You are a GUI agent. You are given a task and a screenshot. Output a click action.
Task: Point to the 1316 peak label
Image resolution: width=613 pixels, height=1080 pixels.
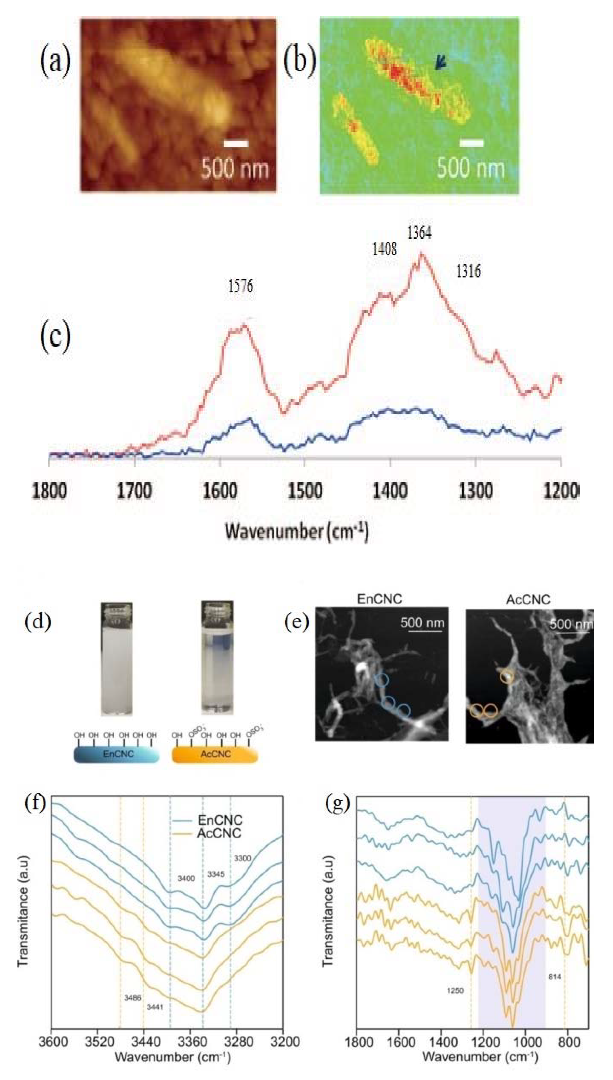[x=468, y=271]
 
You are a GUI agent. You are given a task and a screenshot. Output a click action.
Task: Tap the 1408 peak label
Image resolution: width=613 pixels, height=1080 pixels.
[x=384, y=249]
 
